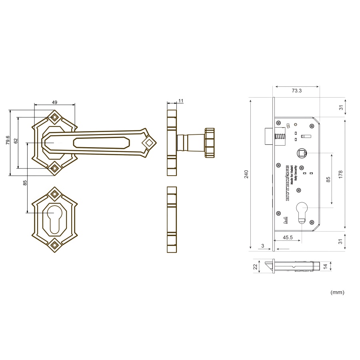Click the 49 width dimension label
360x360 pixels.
(54, 102)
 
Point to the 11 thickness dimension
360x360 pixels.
(181, 100)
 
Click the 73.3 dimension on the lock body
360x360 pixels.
(296, 91)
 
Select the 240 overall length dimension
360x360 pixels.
(246, 174)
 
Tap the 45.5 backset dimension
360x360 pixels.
(288, 237)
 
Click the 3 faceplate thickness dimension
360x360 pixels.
(262, 246)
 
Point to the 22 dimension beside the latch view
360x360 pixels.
(255, 267)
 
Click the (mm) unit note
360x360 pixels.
(337, 292)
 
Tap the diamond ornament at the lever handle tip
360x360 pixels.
(149, 142)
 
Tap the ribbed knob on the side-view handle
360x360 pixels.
(210, 142)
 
